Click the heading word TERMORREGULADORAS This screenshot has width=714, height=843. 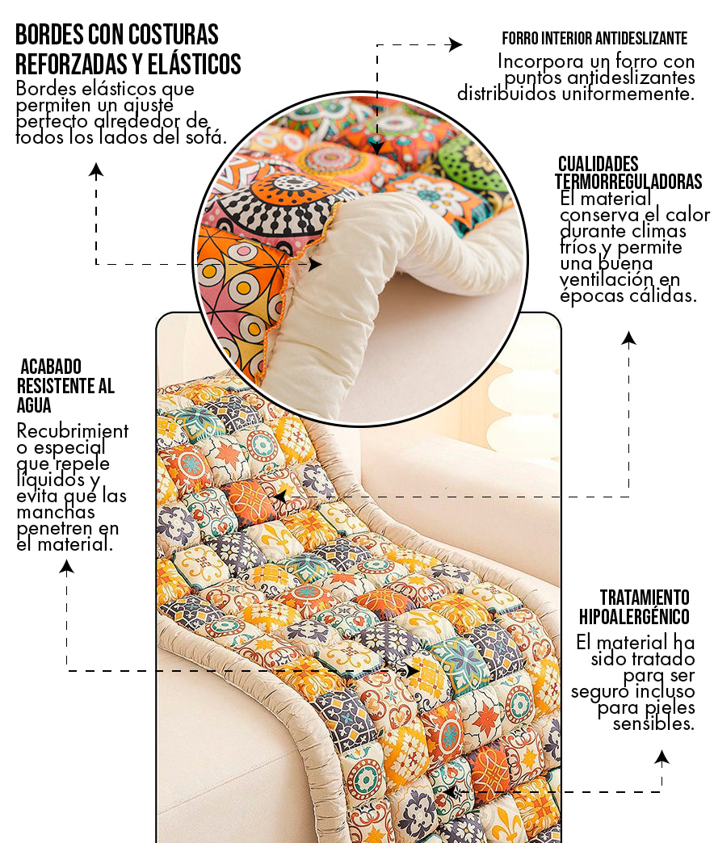(x=628, y=182)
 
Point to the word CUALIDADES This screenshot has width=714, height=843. (x=598, y=164)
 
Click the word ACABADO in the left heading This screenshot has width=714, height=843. (x=51, y=367)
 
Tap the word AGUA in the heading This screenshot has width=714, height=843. (x=34, y=405)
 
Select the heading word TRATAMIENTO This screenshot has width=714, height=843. (x=645, y=598)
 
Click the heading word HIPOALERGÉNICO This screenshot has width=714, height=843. (x=634, y=617)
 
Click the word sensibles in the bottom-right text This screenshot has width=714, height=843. (x=653, y=723)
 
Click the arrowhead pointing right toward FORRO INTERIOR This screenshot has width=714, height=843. (x=456, y=44)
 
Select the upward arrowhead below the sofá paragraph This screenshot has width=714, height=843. (x=96, y=171)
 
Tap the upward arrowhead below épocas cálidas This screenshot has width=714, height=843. (x=629, y=338)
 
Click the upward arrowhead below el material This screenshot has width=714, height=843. (x=67, y=567)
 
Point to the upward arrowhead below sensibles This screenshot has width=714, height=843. (x=661, y=758)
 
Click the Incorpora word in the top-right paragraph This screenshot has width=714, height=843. (x=540, y=62)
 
